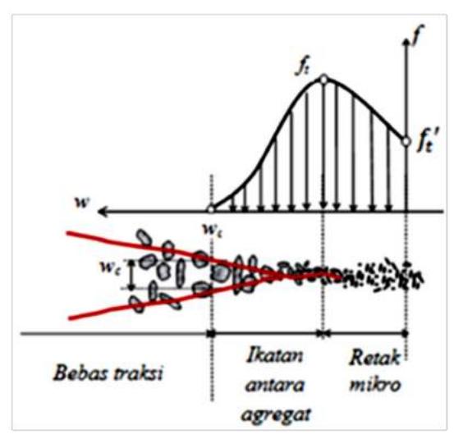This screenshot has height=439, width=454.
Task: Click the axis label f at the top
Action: click(x=418, y=35)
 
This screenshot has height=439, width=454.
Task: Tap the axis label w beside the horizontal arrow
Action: click(x=82, y=203)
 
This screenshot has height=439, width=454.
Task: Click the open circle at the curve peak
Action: click(x=323, y=79)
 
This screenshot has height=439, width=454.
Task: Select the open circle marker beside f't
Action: click(x=406, y=142)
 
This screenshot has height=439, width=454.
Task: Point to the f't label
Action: click(x=427, y=143)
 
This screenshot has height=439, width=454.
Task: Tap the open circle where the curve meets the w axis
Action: click(x=211, y=209)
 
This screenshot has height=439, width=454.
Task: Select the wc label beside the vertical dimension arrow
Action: click(x=109, y=268)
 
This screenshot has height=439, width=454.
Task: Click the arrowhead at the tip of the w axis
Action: click(x=102, y=212)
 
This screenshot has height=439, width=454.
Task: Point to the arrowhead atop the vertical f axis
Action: click(x=406, y=41)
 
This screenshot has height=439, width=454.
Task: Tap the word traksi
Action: click(x=138, y=373)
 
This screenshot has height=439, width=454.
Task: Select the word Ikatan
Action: click(x=274, y=355)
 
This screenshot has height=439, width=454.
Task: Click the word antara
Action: click(x=275, y=385)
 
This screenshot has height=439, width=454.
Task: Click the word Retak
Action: click(x=374, y=358)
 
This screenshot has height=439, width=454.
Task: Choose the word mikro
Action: click(x=375, y=384)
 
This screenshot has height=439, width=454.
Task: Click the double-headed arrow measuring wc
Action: click(x=131, y=274)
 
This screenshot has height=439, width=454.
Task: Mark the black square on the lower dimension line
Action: click(x=211, y=334)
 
